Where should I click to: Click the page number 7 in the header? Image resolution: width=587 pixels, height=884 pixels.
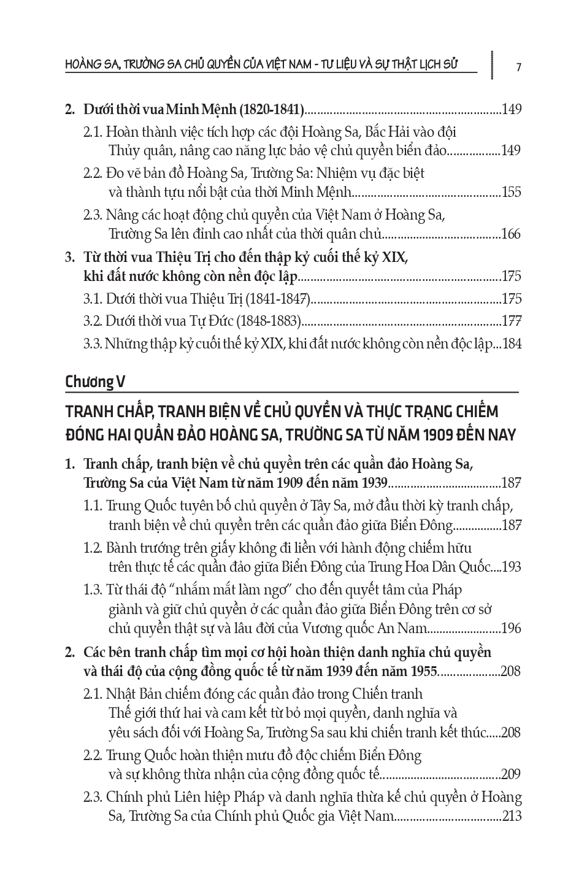coord(519,67)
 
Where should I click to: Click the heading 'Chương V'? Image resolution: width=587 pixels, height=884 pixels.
coord(95,382)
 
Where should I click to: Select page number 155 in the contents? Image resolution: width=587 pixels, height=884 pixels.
coord(511,192)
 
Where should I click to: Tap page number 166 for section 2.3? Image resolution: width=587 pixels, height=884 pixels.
coord(511,234)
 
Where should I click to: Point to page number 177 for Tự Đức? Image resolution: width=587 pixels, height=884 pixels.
coord(511,321)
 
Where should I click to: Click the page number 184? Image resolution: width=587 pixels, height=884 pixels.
coord(512,344)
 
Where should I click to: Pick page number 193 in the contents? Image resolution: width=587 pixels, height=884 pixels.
coord(511,567)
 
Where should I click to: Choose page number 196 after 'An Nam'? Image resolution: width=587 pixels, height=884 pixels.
coord(511,629)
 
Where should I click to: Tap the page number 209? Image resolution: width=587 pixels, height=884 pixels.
coord(511,774)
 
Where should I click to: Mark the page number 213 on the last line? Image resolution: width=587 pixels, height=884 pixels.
coord(511,817)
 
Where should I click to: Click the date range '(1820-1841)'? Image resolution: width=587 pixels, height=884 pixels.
coord(271,110)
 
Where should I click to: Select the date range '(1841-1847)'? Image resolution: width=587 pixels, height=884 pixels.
coord(278,299)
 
